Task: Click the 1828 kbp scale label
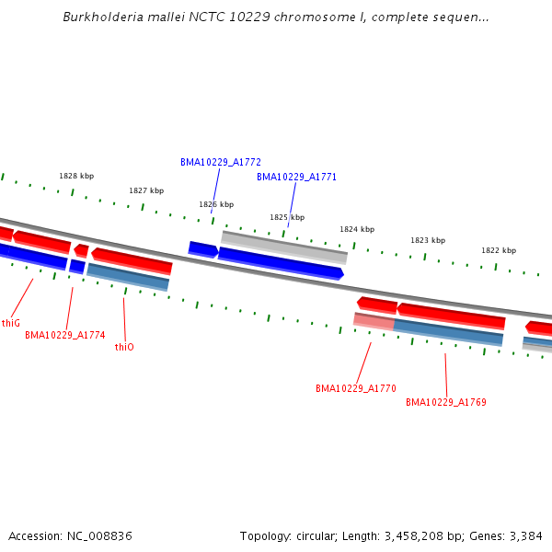click(76, 176)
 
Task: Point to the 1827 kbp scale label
click(146, 190)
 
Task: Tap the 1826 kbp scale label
click(216, 204)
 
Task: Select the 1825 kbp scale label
click(287, 217)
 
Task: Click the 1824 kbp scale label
click(357, 229)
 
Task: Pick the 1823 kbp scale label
click(428, 240)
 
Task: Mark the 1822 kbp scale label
click(499, 250)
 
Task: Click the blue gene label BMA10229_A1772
click(221, 162)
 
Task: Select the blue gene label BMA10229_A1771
click(296, 177)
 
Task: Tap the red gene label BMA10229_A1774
click(64, 336)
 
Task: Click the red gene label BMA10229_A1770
click(355, 388)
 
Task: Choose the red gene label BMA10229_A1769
click(446, 402)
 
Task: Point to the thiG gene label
click(11, 323)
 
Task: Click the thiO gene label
click(124, 347)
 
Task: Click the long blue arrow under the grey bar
click(281, 262)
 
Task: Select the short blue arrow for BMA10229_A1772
click(202, 249)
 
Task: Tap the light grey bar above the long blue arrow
click(283, 245)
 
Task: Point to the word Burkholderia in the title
click(105, 17)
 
